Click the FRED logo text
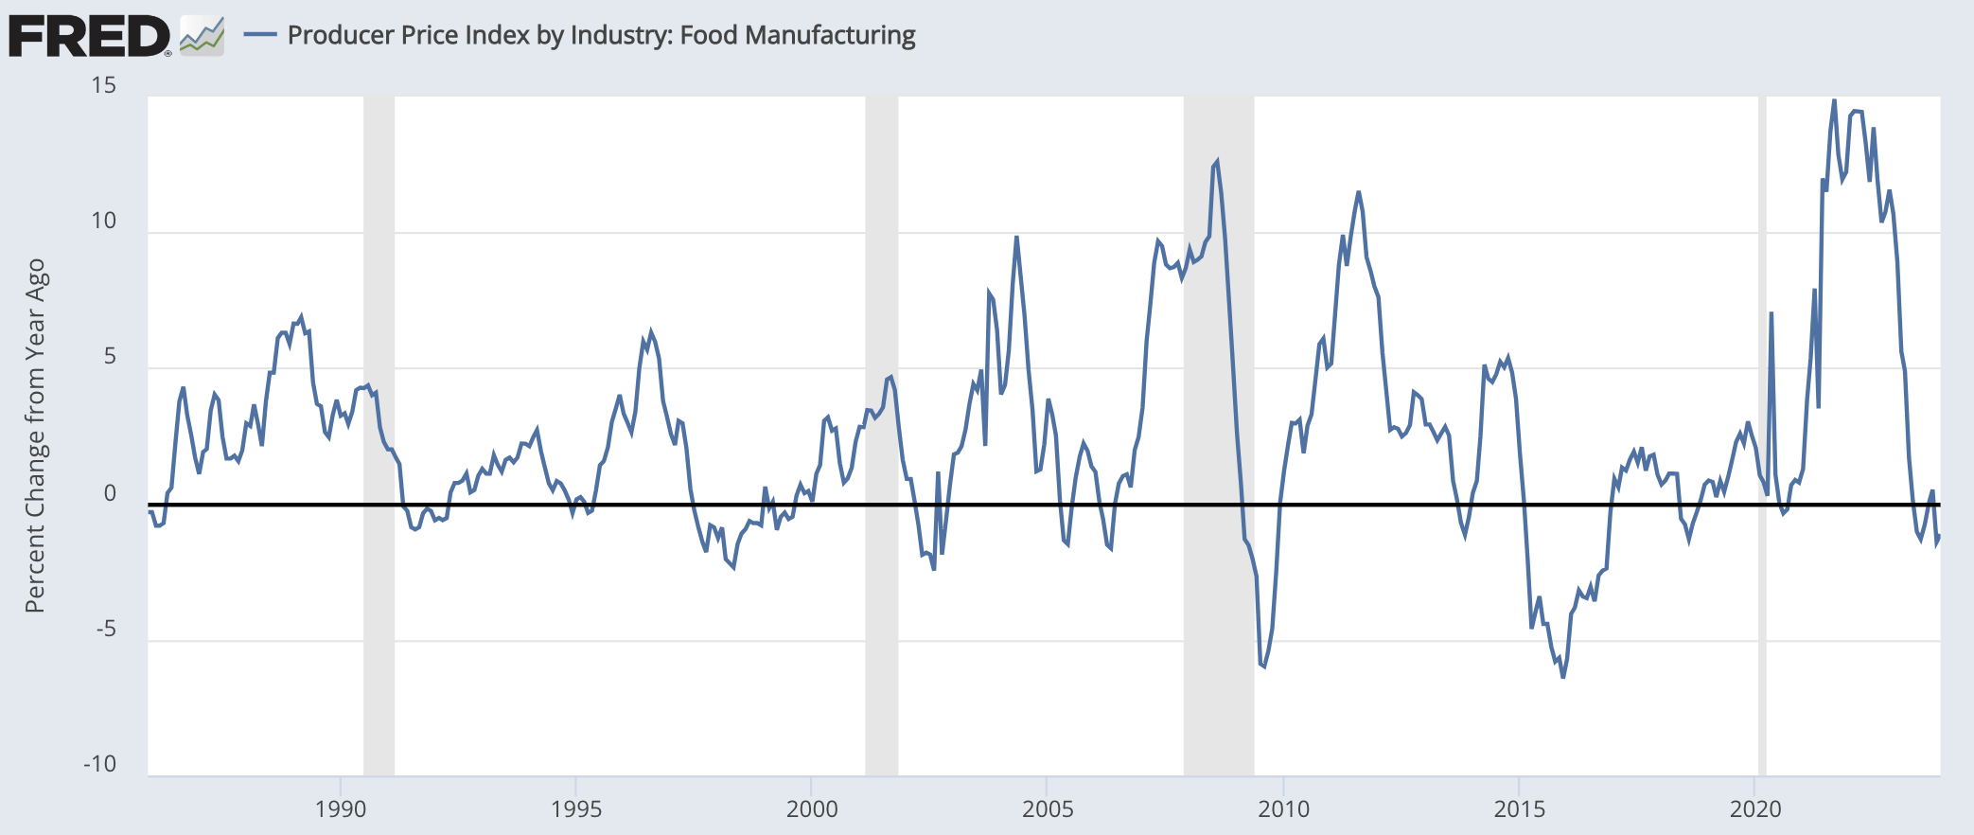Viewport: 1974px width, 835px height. coord(89,36)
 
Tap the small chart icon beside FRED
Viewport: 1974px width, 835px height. coord(203,36)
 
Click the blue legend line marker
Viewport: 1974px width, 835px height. coord(260,35)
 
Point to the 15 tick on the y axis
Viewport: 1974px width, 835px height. coord(103,85)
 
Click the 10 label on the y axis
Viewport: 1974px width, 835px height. coord(103,221)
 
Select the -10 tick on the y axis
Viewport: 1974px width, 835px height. coord(99,764)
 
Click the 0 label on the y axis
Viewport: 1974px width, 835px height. coord(110,492)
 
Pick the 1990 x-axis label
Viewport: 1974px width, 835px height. coord(340,808)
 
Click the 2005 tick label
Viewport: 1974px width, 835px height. coord(1048,808)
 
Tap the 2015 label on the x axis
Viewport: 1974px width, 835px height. coord(1519,808)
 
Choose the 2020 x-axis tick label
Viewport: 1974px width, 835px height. coord(1754,808)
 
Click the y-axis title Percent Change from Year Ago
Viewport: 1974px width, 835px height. coord(35,435)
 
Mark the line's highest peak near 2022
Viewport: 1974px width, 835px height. coord(1834,100)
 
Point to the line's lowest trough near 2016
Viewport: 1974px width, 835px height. coord(1562,677)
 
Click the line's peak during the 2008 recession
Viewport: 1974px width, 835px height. coord(1217,162)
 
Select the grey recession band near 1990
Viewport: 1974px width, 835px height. coord(379,435)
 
